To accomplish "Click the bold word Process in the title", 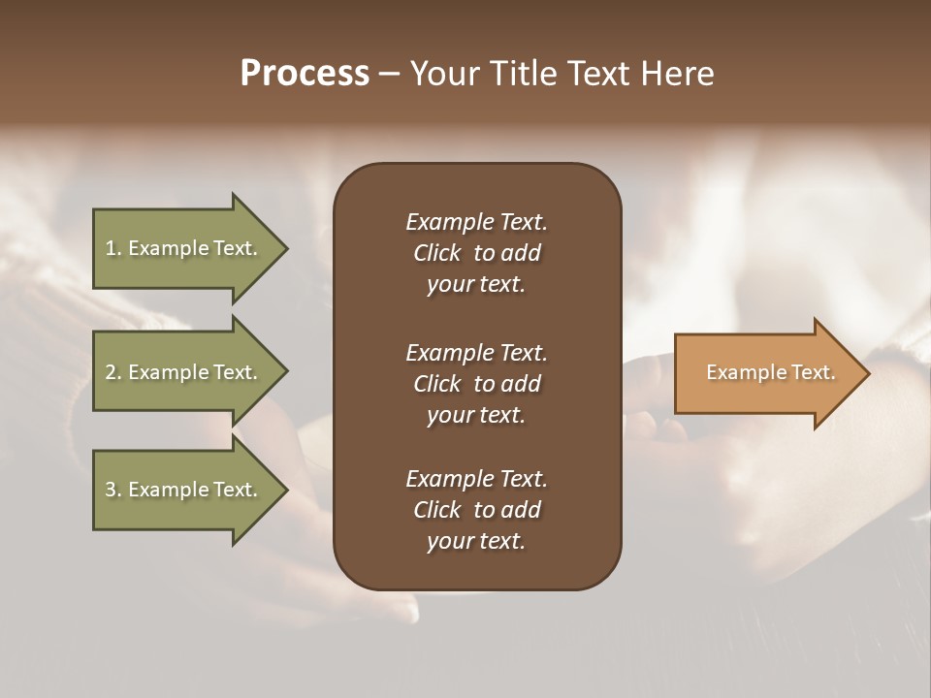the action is (x=305, y=74).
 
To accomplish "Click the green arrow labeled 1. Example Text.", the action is (x=184, y=248).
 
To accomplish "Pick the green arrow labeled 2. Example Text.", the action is (x=184, y=372).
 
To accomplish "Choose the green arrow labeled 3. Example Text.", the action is (x=184, y=490).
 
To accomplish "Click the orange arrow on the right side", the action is (x=766, y=372).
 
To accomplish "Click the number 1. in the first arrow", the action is (x=112, y=248).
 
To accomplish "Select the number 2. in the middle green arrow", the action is (x=112, y=372).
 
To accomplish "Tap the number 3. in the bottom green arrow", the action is (x=112, y=490).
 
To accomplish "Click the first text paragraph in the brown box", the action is (x=476, y=253).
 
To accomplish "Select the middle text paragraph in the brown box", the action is (x=476, y=384).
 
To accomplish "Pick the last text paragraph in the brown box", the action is (x=476, y=510).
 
